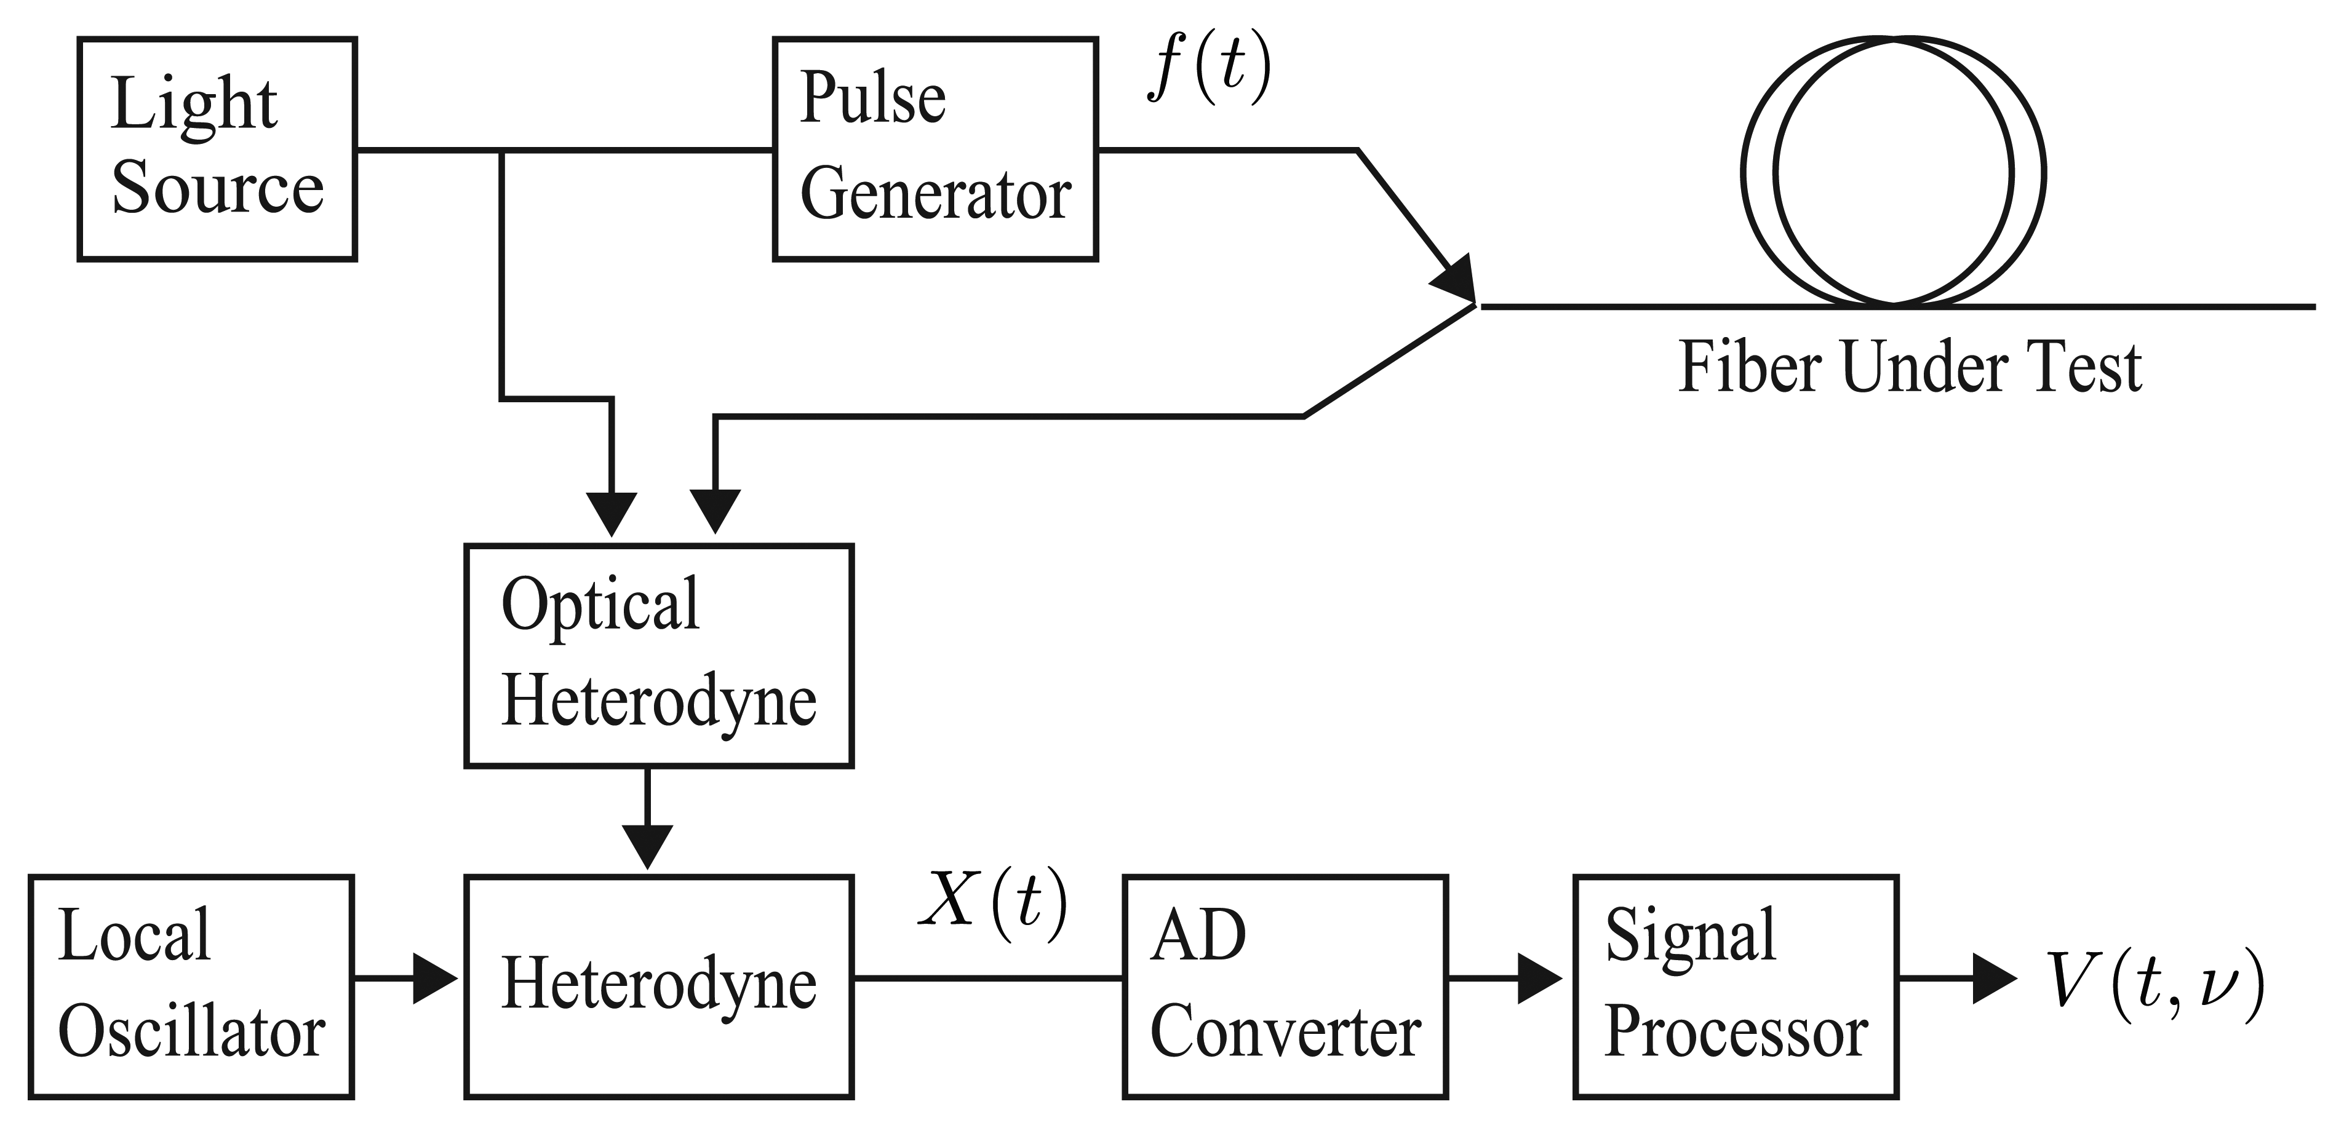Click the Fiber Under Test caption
click(1910, 368)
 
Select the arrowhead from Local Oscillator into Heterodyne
click(435, 979)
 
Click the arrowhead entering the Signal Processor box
click(1540, 979)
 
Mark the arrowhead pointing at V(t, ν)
click(1995, 979)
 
